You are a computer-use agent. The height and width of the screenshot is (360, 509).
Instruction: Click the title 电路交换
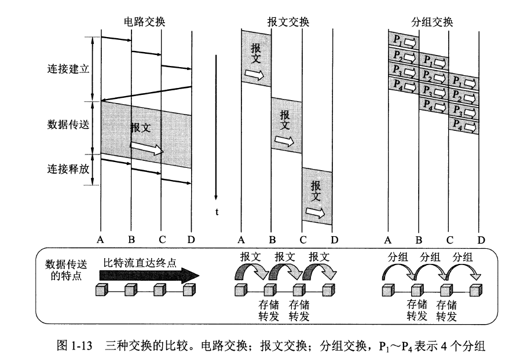click(x=145, y=22)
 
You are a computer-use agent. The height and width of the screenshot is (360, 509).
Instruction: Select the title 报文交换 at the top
click(x=288, y=22)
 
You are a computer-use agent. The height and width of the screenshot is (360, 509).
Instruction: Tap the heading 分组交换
click(x=432, y=22)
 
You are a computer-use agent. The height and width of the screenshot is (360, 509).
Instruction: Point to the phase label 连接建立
click(x=68, y=69)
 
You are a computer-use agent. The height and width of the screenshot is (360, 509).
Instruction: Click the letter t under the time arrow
click(x=217, y=212)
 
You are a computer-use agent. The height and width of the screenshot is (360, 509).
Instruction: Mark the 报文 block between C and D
click(x=317, y=197)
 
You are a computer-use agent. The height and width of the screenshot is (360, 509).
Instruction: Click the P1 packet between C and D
click(x=464, y=81)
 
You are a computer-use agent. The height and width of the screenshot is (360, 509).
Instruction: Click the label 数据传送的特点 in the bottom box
click(x=64, y=269)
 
